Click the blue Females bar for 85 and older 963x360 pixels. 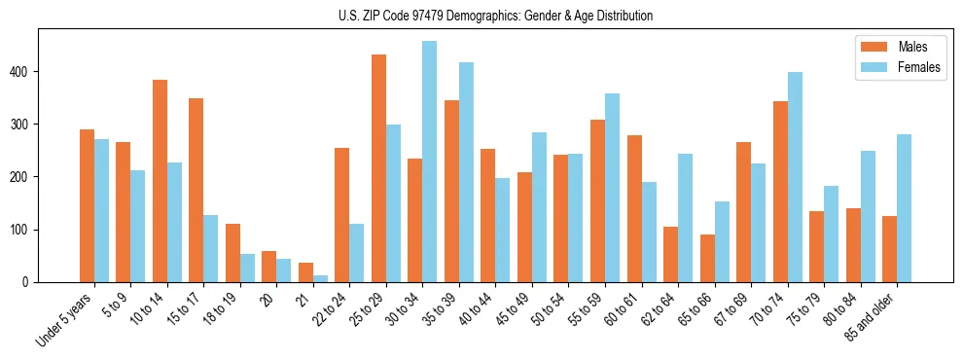904,208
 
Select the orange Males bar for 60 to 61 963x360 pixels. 634,208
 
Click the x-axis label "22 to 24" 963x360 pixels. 329,311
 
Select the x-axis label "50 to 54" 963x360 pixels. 548,311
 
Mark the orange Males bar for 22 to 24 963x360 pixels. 342,215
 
